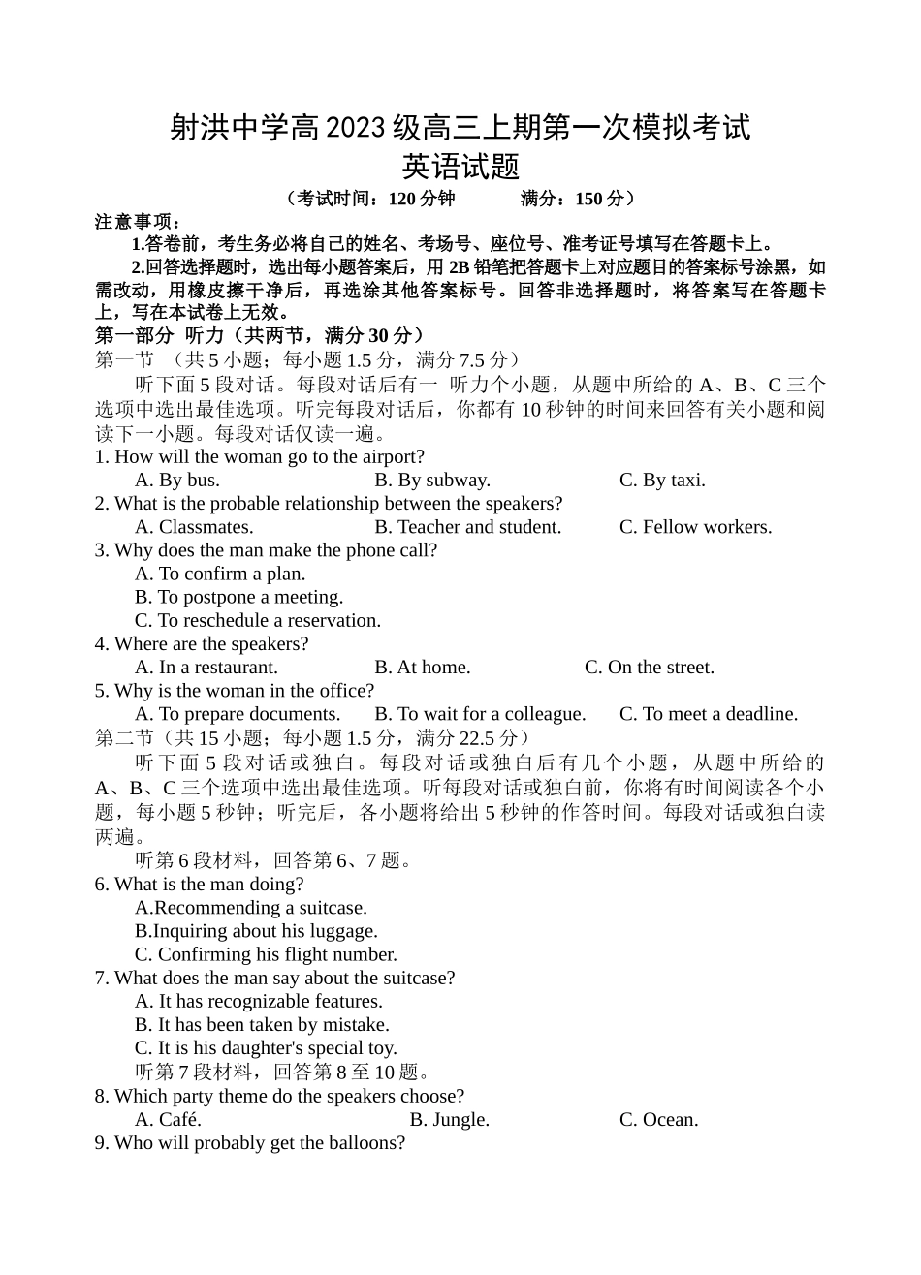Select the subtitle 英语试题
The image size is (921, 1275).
(x=460, y=168)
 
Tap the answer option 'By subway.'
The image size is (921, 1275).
(x=432, y=481)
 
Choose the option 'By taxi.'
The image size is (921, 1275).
(x=662, y=481)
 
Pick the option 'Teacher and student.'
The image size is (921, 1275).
(x=468, y=527)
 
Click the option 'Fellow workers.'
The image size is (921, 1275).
(x=695, y=527)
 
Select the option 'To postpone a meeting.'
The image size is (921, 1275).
(x=238, y=598)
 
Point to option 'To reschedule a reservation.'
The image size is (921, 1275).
(x=258, y=621)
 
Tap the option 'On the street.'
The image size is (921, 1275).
(x=650, y=668)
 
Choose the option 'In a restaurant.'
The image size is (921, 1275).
(x=206, y=668)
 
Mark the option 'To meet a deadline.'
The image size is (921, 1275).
(x=709, y=714)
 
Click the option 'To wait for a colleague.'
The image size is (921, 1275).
(x=480, y=714)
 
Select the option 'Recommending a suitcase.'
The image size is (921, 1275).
(x=251, y=908)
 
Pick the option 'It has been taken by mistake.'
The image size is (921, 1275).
(x=262, y=1025)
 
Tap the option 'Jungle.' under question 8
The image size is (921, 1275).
(x=450, y=1120)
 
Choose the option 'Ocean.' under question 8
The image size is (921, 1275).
(x=659, y=1120)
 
